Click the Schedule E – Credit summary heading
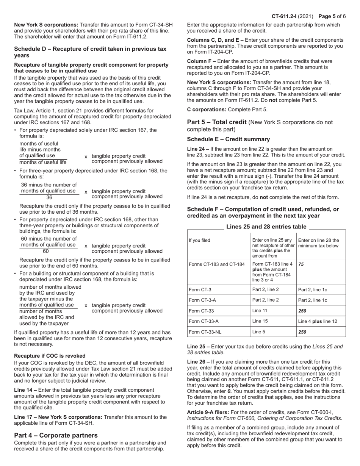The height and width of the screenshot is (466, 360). click(229, 139)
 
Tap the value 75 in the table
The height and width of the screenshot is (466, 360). click(301, 264)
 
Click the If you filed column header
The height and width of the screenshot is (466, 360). click(199, 240)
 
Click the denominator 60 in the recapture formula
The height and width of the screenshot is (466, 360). click(45, 251)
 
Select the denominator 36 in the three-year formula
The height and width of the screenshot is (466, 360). click(49, 197)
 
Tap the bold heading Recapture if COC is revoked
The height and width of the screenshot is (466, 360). click(50, 356)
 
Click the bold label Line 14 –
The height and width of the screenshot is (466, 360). click(25, 390)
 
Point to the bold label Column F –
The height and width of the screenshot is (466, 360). click(202, 61)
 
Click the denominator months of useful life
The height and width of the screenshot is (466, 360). click(43, 162)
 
